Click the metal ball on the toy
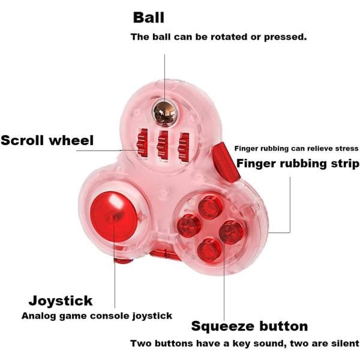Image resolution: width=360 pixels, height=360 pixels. [x=165, y=113]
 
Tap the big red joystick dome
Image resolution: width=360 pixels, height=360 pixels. [x=114, y=217]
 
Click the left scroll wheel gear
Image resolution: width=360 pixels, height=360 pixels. [x=142, y=143]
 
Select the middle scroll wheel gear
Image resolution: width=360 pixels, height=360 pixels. [x=163, y=145]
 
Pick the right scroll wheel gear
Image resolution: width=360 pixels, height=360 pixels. [x=184, y=146]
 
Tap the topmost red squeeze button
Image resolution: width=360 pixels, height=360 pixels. [x=210, y=207]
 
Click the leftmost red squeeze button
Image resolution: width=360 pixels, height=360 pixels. [x=189, y=226]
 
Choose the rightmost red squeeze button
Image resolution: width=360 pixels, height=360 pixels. [x=231, y=232]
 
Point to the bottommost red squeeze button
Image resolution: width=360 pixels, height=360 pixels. [x=209, y=250]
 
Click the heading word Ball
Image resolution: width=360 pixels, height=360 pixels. [x=149, y=17]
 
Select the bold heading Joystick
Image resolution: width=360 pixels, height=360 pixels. [x=61, y=301]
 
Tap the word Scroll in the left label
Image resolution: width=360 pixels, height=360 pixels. [x=22, y=140]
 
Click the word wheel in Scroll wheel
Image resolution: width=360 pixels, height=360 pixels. [x=71, y=140]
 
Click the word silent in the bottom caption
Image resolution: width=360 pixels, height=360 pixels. [x=346, y=343]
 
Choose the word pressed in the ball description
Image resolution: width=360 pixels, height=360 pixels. [x=285, y=37]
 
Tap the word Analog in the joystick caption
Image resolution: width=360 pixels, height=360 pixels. [x=39, y=316]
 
